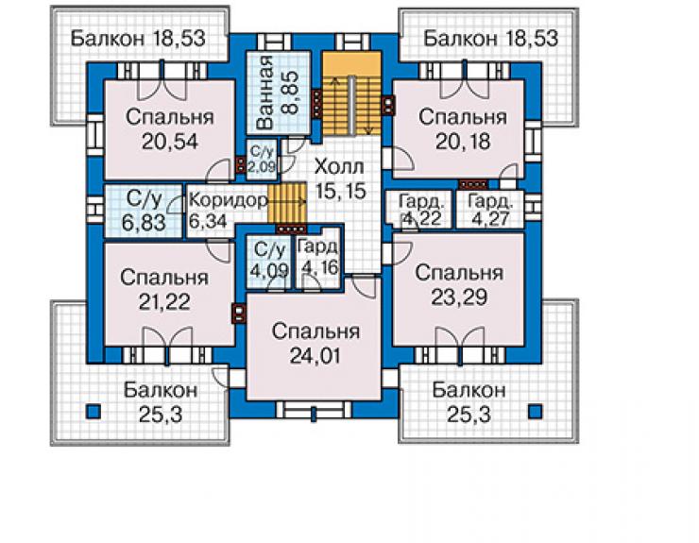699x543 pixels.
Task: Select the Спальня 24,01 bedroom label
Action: pos(315,344)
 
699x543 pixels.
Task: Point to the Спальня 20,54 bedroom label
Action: pos(170,129)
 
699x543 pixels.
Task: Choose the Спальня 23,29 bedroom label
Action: pos(459,285)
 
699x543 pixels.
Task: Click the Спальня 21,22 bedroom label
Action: pos(164,290)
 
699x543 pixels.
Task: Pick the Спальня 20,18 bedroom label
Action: pos(463,129)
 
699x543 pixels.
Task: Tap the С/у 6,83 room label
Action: pos(144,212)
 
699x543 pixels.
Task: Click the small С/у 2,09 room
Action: pos(263,160)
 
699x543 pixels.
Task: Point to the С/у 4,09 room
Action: pos(269,261)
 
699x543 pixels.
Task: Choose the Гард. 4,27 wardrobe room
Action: pos(490,210)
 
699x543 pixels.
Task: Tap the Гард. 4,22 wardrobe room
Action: pos(421,210)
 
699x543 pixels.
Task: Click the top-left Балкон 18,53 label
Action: pos(138,39)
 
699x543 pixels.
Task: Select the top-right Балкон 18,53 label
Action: pos(491,39)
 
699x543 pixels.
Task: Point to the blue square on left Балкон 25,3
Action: pos(94,411)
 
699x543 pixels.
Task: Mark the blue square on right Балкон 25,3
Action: pos(535,411)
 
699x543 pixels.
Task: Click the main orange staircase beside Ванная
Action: pos(352,93)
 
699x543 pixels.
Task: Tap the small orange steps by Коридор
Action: pos(287,202)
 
